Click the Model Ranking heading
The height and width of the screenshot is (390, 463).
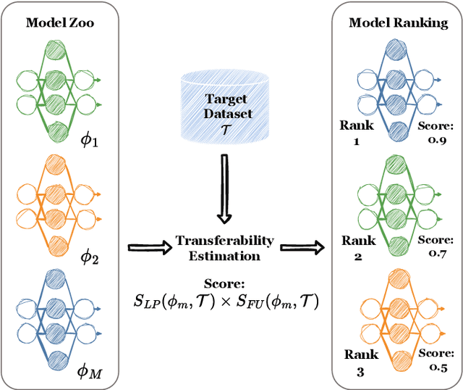tap(397, 22)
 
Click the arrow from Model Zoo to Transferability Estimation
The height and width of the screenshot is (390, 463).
tap(149, 248)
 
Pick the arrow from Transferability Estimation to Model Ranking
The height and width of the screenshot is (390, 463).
tap(303, 248)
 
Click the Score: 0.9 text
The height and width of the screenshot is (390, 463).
tap(437, 133)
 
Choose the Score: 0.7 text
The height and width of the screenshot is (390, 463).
tap(437, 245)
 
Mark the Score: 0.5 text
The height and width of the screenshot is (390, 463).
tap(436, 360)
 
